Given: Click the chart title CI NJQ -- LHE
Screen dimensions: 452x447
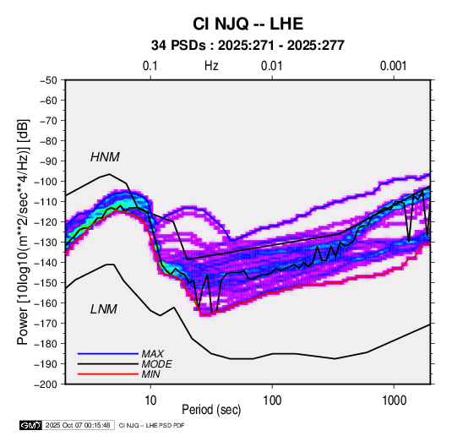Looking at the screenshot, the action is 248,24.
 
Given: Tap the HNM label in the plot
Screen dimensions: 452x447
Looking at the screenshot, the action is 105,157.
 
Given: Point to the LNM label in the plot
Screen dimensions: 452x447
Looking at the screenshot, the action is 104,309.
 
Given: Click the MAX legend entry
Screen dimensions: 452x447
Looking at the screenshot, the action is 152,353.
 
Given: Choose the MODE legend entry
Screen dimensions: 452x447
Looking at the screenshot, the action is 156,364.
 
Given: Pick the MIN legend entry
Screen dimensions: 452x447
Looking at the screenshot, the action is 150,374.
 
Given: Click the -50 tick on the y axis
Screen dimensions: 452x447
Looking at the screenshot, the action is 49,80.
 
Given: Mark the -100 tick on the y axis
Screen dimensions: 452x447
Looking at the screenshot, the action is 46,182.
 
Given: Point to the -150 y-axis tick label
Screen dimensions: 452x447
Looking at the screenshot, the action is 46,283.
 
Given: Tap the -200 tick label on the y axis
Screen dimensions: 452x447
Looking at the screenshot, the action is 46,384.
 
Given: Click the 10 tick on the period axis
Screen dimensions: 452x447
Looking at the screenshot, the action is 150,401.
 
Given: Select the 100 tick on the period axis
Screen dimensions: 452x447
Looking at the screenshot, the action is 272,401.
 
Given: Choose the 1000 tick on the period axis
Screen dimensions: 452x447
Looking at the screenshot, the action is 394,401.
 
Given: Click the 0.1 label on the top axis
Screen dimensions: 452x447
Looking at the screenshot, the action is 150,66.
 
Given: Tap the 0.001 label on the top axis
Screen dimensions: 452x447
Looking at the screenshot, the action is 394,66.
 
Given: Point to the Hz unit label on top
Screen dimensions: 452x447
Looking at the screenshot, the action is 211,66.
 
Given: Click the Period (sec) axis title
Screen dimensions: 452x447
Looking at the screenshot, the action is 211,410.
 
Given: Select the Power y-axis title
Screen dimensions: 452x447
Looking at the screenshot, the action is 23,232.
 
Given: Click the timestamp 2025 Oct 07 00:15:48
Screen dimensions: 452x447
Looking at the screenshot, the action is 78,425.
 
